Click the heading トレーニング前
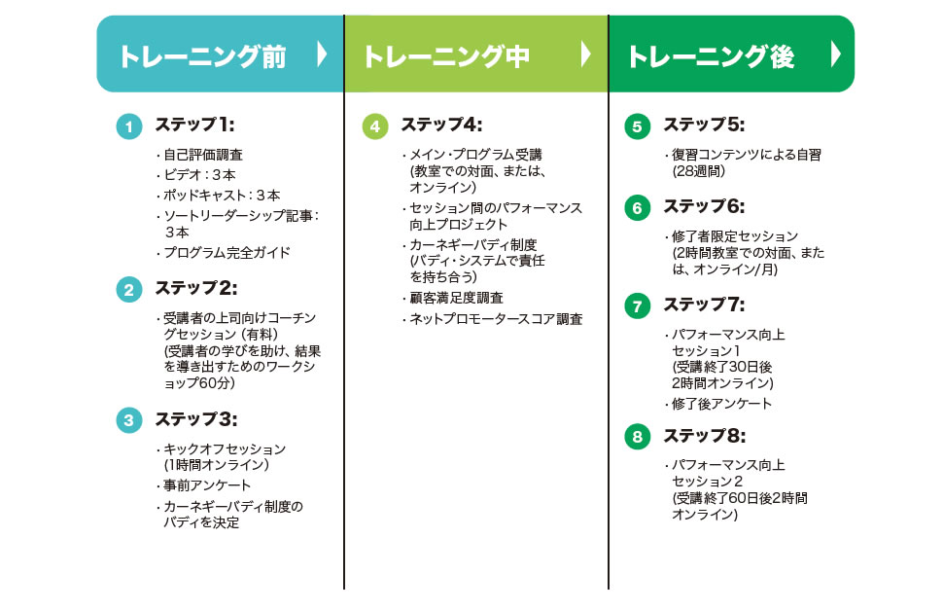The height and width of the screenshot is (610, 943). tap(202, 56)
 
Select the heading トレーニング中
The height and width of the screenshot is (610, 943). tap(446, 56)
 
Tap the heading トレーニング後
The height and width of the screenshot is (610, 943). tap(711, 56)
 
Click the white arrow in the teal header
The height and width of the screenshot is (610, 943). tap(322, 54)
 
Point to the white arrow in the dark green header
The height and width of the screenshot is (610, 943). tap(835, 54)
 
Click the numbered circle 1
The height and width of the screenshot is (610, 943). tap(128, 126)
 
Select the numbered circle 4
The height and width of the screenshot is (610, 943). tap(374, 126)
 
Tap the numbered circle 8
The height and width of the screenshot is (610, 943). tap(637, 437)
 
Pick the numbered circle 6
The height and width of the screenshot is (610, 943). tap(637, 208)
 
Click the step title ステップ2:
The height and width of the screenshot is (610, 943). tap(196, 288)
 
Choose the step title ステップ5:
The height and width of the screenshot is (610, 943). tap(704, 125)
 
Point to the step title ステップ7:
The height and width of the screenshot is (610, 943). tap(704, 305)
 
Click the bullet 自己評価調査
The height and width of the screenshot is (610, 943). tap(200, 156)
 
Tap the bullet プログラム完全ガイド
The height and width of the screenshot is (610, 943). tap(224, 253)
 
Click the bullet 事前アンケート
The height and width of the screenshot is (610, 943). tap(204, 485)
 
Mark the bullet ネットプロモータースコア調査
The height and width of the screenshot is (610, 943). tap(493, 319)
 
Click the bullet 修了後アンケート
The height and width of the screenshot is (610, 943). tap(718, 404)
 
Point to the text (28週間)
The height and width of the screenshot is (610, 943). tap(699, 171)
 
